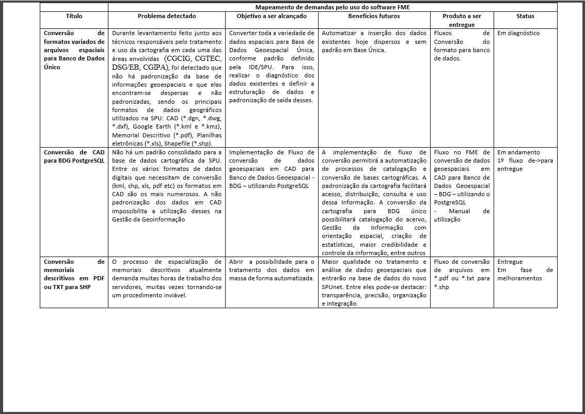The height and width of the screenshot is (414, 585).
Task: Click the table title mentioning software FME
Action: click(x=333, y=7)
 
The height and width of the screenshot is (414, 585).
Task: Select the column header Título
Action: click(x=74, y=17)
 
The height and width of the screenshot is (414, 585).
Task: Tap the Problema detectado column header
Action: click(x=166, y=17)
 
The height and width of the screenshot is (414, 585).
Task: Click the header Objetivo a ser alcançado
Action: click(x=271, y=17)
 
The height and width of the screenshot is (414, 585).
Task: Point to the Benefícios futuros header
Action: click(x=374, y=17)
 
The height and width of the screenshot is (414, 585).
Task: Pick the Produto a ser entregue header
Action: click(x=462, y=20)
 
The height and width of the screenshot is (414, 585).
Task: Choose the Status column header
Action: click(x=525, y=17)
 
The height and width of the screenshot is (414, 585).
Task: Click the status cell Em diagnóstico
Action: click(x=518, y=34)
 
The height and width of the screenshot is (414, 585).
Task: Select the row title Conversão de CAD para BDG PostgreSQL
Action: click(x=74, y=156)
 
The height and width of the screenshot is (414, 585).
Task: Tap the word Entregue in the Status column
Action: click(x=510, y=262)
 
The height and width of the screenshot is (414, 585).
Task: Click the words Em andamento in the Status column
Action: click(x=518, y=153)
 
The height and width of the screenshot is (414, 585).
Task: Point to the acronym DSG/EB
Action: click(x=127, y=67)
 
